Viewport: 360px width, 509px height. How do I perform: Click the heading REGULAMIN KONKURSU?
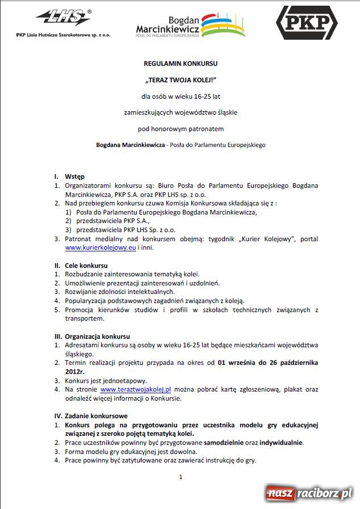tap(181, 64)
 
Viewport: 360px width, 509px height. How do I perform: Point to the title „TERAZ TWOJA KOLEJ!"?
tap(181, 79)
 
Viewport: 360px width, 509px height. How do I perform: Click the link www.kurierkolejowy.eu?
tap(100, 248)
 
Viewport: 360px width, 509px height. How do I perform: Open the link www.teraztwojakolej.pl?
tap(136, 390)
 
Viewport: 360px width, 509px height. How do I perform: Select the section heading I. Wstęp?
tap(70, 176)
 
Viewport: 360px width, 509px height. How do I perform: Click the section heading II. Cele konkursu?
tap(81, 266)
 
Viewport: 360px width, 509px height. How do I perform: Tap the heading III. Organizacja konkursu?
tap(93, 336)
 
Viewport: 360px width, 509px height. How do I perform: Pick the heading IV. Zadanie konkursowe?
tap(91, 416)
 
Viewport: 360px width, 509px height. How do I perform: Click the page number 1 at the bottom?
tap(181, 477)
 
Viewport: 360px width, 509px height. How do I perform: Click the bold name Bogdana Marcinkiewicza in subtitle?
tap(129, 145)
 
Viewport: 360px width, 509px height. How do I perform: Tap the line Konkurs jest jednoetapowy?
tap(106, 381)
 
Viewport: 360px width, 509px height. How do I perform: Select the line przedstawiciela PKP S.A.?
tap(112, 221)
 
